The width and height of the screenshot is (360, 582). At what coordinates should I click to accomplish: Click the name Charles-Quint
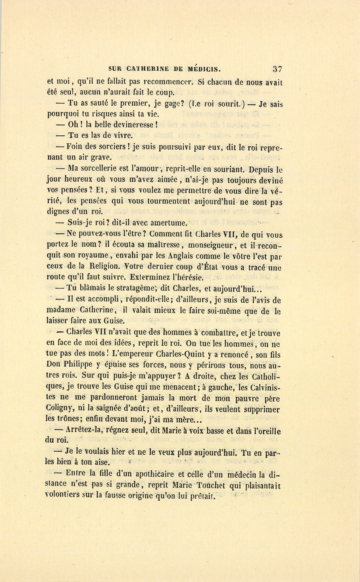click(176, 354)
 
